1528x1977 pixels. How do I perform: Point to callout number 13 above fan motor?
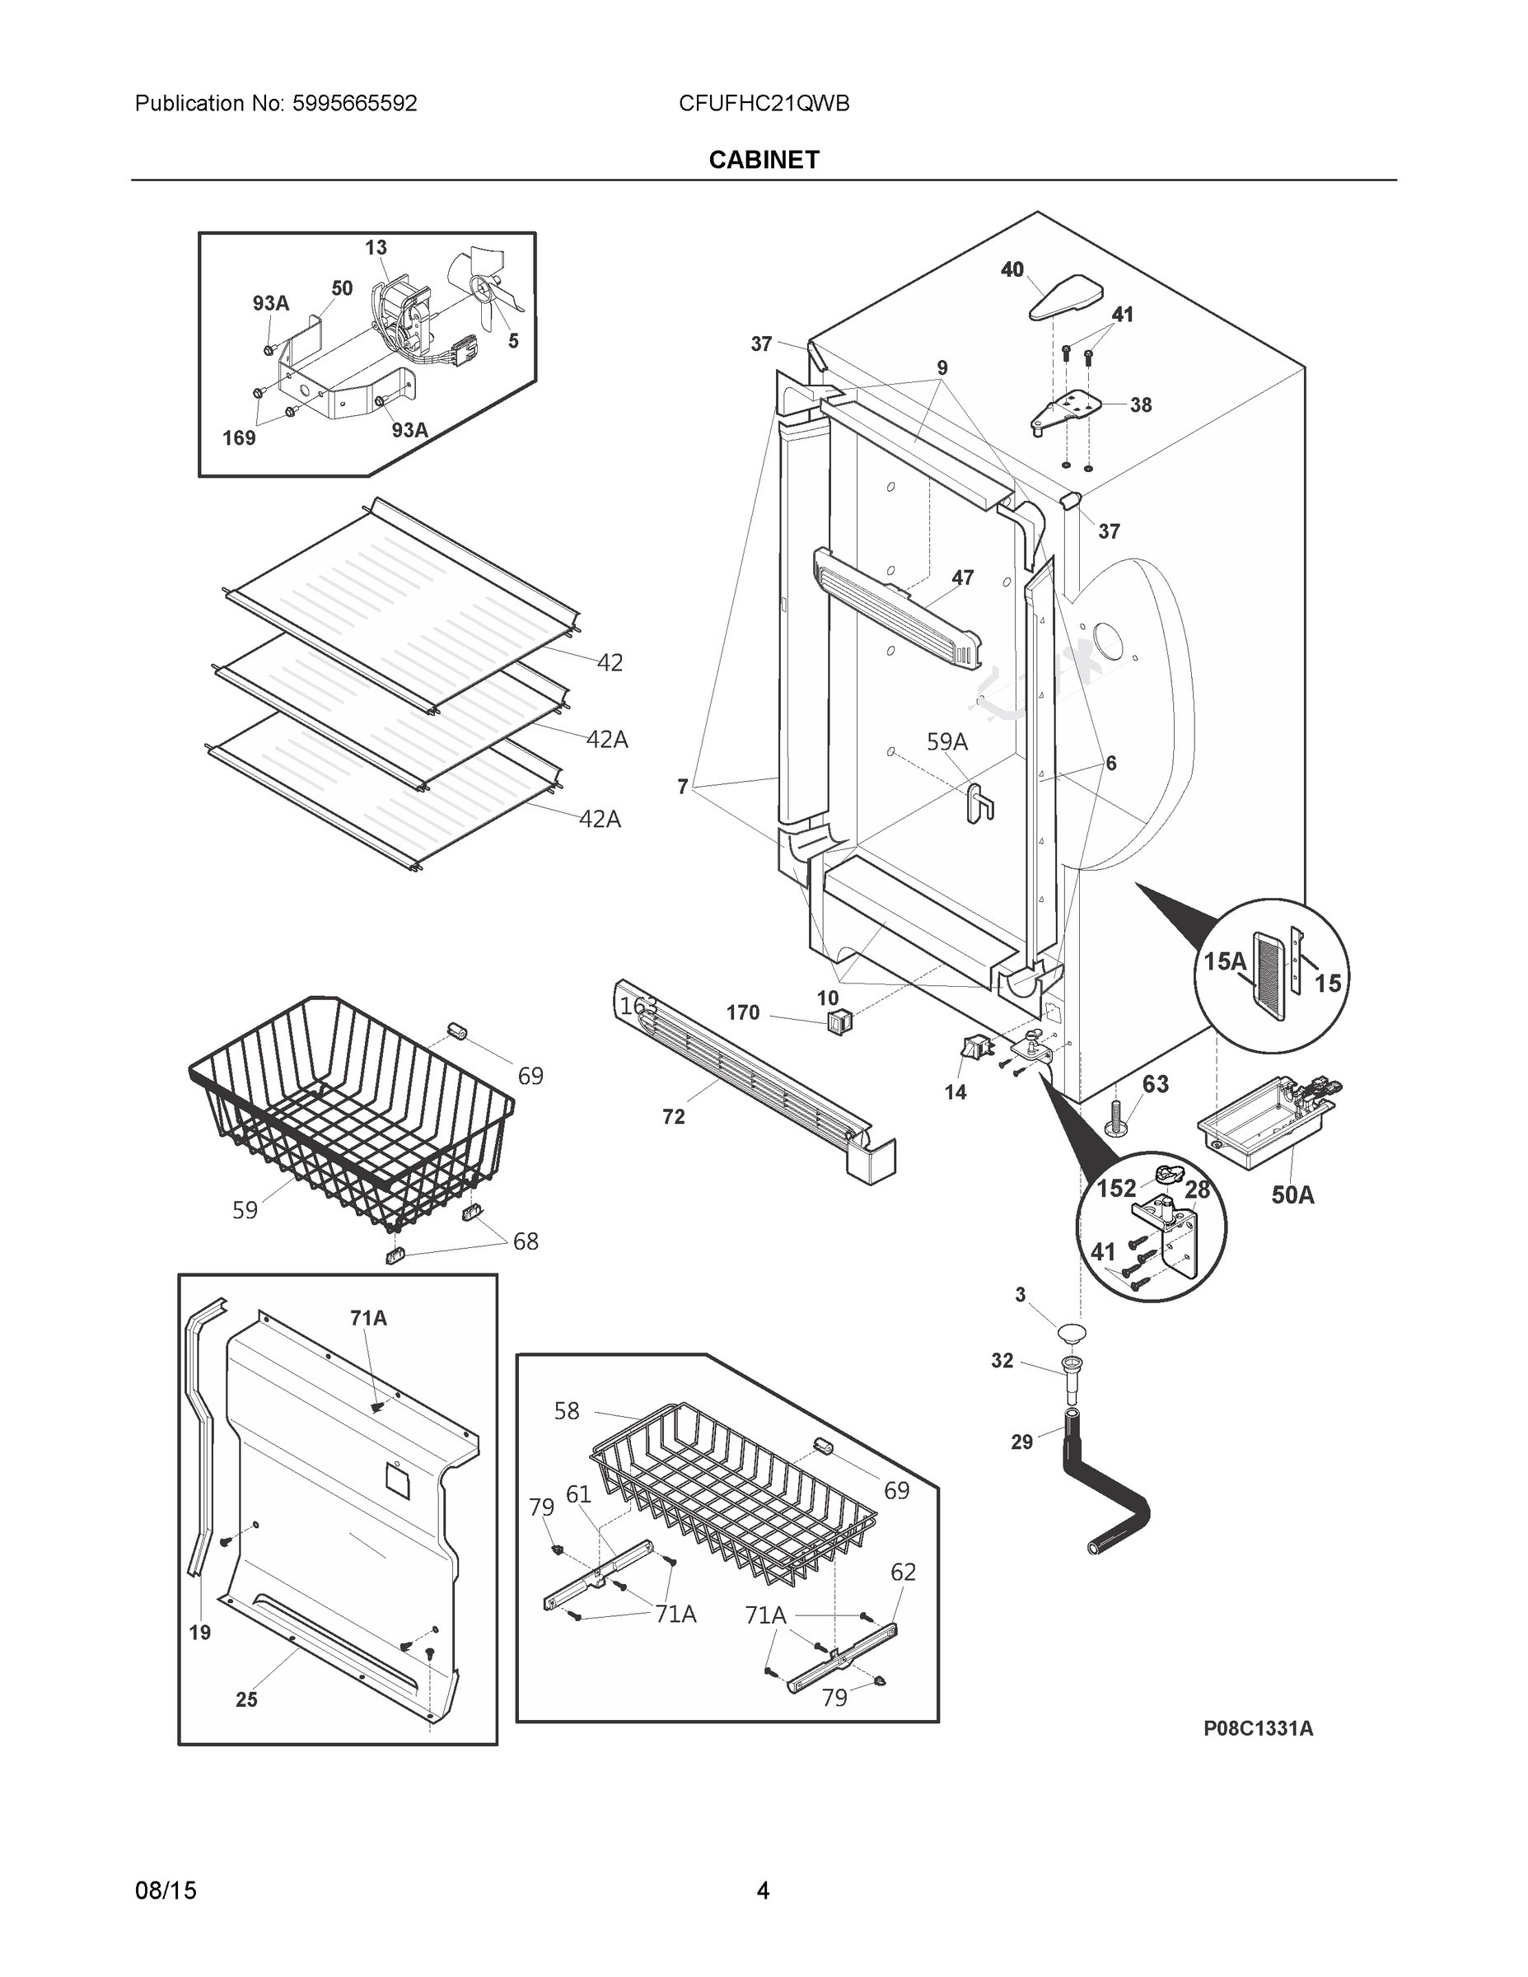(376, 247)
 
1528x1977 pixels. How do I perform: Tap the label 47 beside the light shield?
(962, 577)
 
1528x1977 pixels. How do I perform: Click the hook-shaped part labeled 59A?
(979, 802)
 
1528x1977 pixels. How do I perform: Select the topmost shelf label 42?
(610, 662)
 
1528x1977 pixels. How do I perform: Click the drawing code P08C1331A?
(1257, 1728)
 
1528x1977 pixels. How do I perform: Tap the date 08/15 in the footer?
(166, 1891)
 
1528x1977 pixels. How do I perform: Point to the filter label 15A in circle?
(1224, 961)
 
